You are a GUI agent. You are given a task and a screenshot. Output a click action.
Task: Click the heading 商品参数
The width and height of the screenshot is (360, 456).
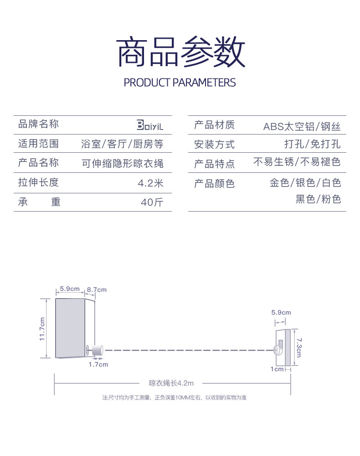(181, 52)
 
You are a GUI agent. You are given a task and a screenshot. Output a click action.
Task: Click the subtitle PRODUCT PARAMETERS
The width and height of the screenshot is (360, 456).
(180, 83)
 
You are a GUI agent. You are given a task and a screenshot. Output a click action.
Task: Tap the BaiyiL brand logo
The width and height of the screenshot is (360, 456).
(149, 125)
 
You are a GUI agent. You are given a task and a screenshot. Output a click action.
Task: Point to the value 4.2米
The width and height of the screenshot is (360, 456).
(150, 183)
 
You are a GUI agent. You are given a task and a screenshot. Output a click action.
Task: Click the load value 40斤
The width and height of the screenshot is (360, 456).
(152, 202)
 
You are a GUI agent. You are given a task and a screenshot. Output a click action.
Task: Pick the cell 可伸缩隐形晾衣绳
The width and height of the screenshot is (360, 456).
(122, 163)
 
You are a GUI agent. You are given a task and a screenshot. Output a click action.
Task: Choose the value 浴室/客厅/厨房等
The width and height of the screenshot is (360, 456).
(122, 144)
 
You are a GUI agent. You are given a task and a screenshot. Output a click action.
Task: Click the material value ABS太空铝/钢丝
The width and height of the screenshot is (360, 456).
(302, 126)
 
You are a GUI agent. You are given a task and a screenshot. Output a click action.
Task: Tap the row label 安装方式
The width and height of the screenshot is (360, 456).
(214, 145)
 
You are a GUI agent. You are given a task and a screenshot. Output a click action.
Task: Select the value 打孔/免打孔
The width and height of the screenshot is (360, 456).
(312, 144)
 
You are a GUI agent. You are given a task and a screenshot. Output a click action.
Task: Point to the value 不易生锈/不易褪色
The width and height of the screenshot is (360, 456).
(297, 162)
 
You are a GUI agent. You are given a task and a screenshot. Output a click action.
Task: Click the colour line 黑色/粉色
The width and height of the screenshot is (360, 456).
(318, 199)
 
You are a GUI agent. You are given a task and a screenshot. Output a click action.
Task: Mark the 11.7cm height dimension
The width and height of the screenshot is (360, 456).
(42, 328)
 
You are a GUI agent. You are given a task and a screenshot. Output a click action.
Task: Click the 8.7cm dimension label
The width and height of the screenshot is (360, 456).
(97, 290)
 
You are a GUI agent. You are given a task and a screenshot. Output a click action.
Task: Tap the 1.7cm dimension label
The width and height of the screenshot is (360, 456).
(98, 364)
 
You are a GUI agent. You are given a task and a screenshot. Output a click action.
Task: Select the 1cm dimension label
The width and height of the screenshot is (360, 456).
(277, 369)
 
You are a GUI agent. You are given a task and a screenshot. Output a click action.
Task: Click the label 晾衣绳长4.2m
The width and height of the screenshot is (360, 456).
(171, 383)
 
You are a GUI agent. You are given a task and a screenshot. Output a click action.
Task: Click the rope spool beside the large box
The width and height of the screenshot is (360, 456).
(97, 350)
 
